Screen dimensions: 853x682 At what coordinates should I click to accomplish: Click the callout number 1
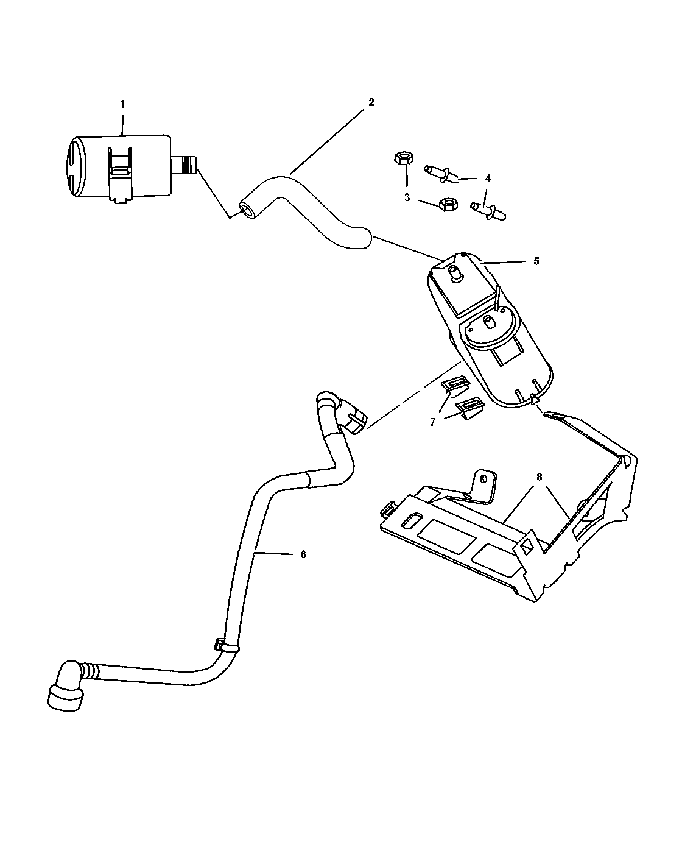point(123,104)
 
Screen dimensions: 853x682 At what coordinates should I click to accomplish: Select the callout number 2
point(371,102)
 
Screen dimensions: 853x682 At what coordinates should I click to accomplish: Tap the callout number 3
point(407,197)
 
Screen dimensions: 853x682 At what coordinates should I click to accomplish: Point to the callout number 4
point(488,179)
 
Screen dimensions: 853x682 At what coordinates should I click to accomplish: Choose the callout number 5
point(536,261)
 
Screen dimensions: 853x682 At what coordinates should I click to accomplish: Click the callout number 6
point(303,555)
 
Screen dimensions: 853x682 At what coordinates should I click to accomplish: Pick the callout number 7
point(433,422)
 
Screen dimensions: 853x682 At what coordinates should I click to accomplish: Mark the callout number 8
point(539,478)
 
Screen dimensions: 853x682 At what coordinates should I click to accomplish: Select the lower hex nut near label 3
point(448,204)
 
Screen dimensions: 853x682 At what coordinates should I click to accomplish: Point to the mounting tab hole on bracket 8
point(483,479)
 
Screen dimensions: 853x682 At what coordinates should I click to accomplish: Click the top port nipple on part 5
point(454,273)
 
